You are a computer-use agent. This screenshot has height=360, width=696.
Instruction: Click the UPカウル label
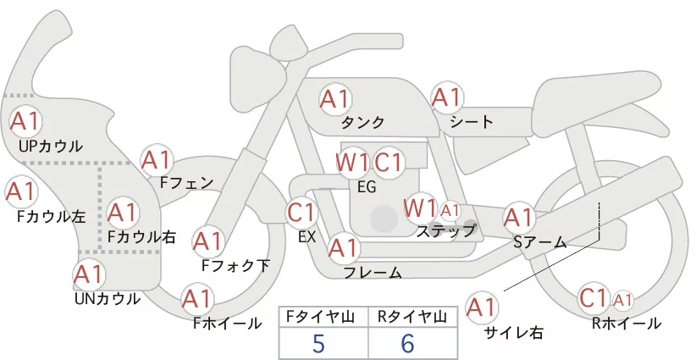pyautogui.click(x=50, y=147)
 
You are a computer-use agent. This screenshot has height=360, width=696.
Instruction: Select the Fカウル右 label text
pyautogui.click(x=141, y=237)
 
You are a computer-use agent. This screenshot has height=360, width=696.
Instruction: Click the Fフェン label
pyautogui.click(x=186, y=181)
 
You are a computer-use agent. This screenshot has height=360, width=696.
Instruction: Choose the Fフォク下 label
pyautogui.click(x=235, y=265)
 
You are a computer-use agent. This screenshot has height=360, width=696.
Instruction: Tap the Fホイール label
pyautogui.click(x=225, y=323)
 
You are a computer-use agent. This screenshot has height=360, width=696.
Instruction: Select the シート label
pyautogui.click(x=472, y=122)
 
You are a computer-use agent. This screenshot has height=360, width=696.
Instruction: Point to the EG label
pyautogui.click(x=367, y=187)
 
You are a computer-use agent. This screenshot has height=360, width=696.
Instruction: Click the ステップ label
pyautogui.click(x=446, y=230)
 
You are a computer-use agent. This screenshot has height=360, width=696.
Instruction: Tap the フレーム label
pyautogui.click(x=373, y=273)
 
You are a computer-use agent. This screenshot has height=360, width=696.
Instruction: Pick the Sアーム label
pyautogui.click(x=539, y=243)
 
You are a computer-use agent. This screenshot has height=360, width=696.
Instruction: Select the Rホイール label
pyautogui.click(x=627, y=324)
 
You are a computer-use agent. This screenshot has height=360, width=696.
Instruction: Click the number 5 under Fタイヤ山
pyautogui.click(x=318, y=343)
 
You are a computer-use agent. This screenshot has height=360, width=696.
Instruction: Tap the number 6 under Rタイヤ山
pyautogui.click(x=407, y=343)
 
